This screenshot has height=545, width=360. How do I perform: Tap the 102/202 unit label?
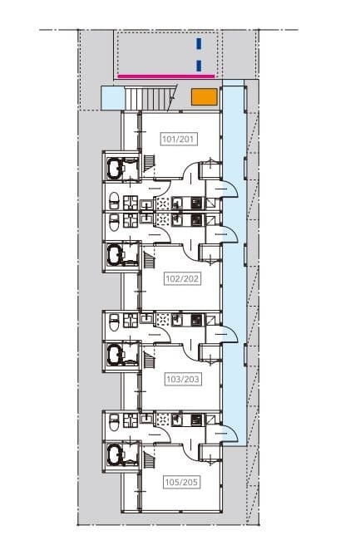[180, 278]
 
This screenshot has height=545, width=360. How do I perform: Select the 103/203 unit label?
[180, 378]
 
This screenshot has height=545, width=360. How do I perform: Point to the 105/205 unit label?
[180, 480]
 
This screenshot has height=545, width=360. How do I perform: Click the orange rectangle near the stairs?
[204, 96]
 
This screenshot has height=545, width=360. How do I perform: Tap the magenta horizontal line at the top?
[167, 76]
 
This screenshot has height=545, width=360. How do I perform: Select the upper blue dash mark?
[198, 45]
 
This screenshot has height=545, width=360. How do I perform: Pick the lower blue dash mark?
[198, 65]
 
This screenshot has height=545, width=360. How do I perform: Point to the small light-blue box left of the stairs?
[111, 97]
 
